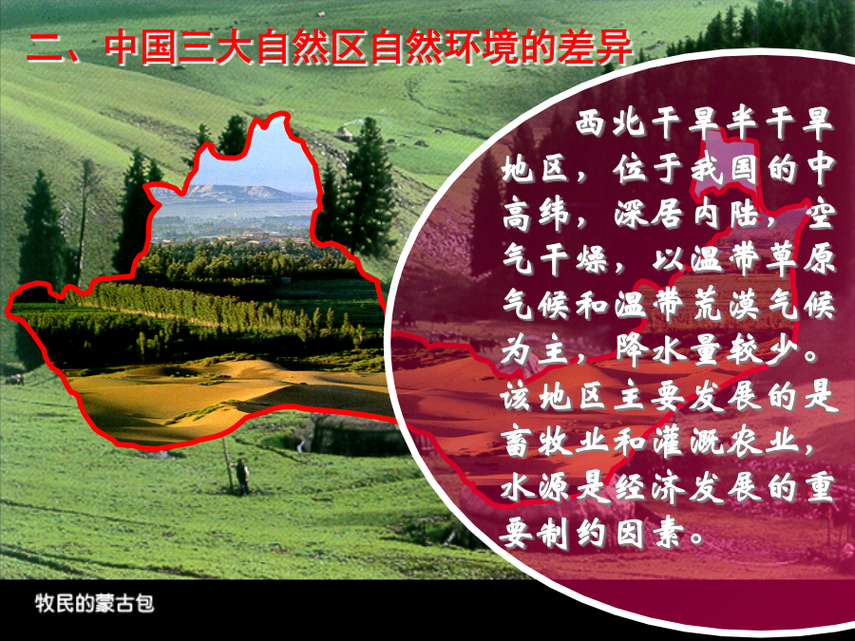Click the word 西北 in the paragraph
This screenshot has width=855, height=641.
click(x=609, y=123)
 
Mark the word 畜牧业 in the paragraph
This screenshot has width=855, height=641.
click(x=556, y=443)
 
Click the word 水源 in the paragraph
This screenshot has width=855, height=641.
click(x=536, y=487)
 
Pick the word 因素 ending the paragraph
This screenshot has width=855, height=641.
click(x=650, y=533)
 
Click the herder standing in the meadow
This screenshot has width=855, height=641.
click(x=241, y=476)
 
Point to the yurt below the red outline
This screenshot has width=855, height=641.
click(x=352, y=434)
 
